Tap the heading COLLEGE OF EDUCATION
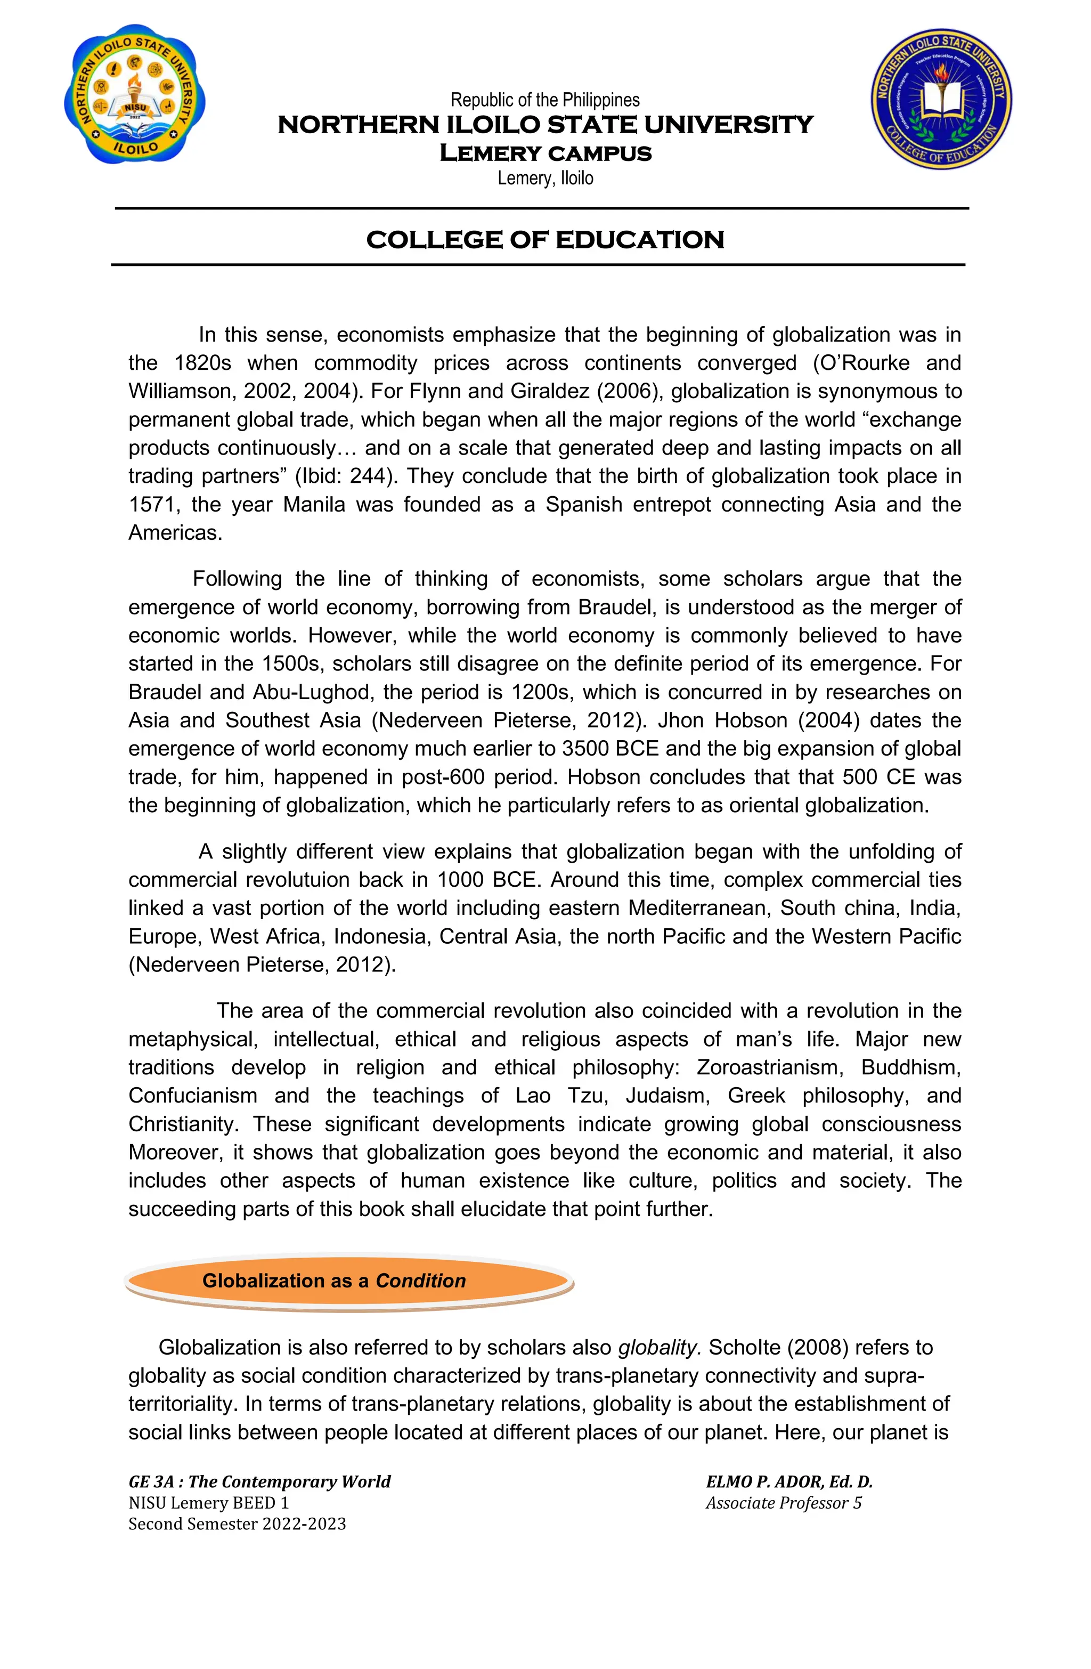(545, 240)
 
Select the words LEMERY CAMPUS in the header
(545, 153)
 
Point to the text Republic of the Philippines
(545, 100)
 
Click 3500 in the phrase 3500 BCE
(585, 748)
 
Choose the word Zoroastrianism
(770, 1067)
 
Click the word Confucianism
(193, 1096)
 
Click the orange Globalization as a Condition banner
(348, 1281)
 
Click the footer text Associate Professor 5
(783, 1502)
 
